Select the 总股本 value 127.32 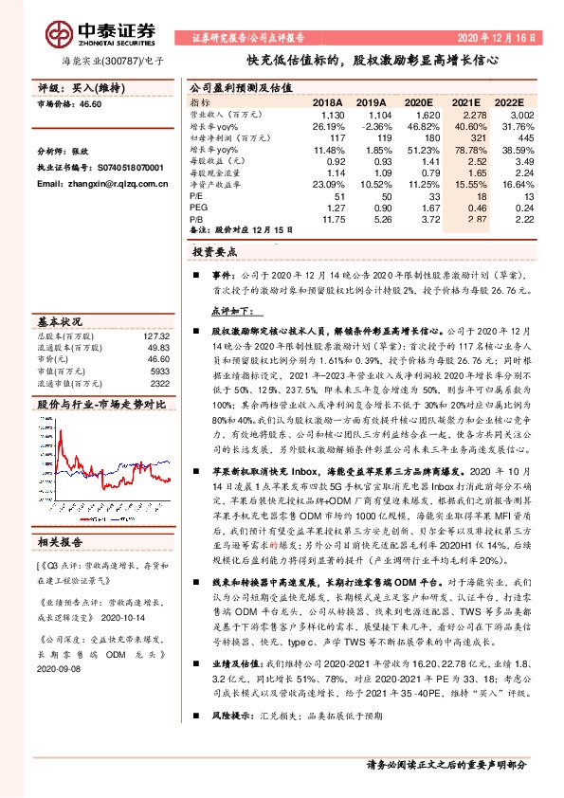(x=157, y=337)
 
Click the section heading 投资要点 (x=213, y=253)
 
